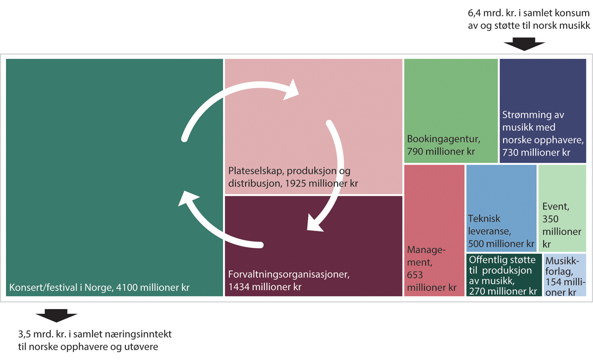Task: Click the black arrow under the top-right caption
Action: pos(524,45)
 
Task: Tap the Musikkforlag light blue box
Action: pos(565,275)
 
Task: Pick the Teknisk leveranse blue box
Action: pos(501,207)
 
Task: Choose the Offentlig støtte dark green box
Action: pos(504,275)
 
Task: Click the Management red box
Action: pos(434,230)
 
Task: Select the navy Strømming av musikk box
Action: pos(542,110)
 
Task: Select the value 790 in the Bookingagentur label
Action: pos(416,151)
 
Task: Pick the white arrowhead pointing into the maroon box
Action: pos(315,224)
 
